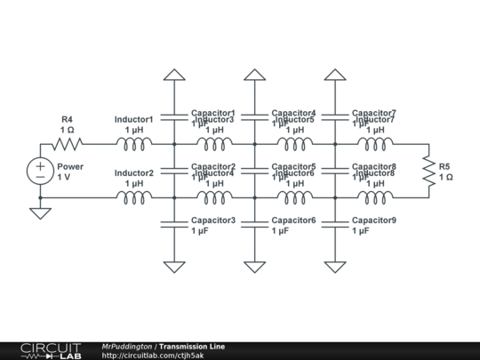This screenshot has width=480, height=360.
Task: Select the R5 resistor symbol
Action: click(x=428, y=170)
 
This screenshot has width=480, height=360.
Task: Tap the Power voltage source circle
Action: click(x=41, y=170)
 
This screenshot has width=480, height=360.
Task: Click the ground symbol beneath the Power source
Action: click(x=41, y=213)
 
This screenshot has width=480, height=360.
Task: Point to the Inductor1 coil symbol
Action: click(x=134, y=143)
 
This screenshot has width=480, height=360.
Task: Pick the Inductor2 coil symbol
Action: click(x=134, y=196)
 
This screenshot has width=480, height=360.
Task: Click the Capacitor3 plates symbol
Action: click(x=175, y=225)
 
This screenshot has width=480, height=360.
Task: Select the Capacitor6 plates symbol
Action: click(x=255, y=225)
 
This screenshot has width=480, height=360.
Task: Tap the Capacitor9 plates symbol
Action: click(x=335, y=225)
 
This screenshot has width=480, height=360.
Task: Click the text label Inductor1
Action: click(x=134, y=119)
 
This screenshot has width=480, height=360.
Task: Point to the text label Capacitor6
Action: click(x=293, y=220)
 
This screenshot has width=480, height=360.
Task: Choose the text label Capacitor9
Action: click(x=373, y=220)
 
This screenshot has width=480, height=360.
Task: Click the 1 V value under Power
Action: click(x=64, y=177)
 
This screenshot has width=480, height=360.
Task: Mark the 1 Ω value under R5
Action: click(x=446, y=177)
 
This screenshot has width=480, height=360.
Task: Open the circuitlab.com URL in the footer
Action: click(x=153, y=356)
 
